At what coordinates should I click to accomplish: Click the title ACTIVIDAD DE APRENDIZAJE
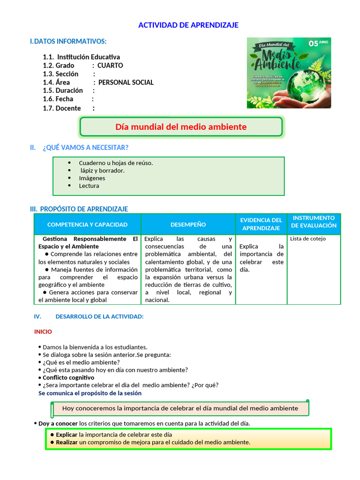[188, 25]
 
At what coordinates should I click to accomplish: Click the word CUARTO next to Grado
[110, 66]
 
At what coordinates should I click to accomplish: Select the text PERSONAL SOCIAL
[126, 82]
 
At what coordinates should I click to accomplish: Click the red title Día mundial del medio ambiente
[181, 127]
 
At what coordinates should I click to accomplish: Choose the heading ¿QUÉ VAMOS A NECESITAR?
[85, 148]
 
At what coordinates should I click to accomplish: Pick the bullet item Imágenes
[92, 178]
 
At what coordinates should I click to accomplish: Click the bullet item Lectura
[89, 186]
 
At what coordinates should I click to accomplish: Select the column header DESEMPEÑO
[188, 225]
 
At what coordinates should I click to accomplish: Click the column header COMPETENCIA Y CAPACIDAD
[87, 225]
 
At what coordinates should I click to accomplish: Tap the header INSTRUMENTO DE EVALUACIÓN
[314, 222]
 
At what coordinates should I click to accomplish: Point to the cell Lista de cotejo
[308, 239]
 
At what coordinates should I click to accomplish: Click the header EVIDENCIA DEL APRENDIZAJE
[261, 224]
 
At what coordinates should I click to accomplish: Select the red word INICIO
[43, 331]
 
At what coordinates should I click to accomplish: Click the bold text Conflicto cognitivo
[68, 377]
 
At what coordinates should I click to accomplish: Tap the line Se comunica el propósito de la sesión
[90, 393]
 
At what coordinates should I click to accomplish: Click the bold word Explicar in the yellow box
[67, 435]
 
